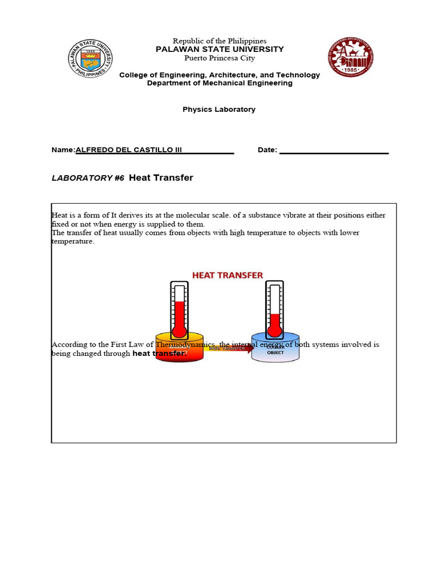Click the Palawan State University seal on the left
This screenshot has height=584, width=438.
tap(90, 59)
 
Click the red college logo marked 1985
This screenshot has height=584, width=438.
tap(351, 58)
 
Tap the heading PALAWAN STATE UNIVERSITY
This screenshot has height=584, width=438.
tap(220, 50)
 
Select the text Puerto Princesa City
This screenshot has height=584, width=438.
tap(220, 58)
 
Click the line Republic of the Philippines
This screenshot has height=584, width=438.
tap(220, 41)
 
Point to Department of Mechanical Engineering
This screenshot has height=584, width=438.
tap(220, 83)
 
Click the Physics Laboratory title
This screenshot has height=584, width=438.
tap(219, 109)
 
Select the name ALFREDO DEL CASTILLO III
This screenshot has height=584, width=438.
tap(129, 150)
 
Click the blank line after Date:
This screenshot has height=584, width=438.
tap(334, 151)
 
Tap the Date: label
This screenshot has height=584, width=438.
tap(267, 150)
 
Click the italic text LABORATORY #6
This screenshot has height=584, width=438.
tap(88, 178)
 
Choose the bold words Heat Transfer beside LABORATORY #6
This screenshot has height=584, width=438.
tap(161, 178)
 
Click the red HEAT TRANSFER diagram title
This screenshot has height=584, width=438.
tap(228, 275)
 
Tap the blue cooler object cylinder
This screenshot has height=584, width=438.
tap(275, 349)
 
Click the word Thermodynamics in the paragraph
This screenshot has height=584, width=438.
tap(189, 344)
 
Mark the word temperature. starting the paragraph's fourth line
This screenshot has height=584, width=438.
tap(72, 242)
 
